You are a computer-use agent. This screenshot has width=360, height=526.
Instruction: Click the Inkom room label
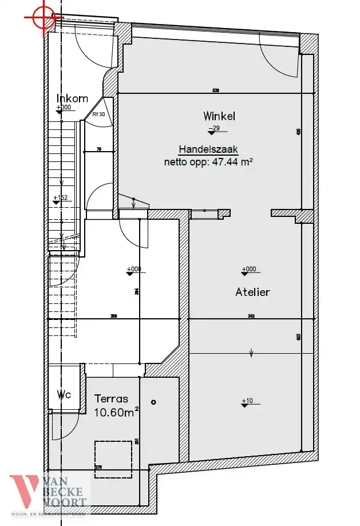tap(72, 98)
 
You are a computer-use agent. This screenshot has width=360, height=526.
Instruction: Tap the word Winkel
tap(219, 116)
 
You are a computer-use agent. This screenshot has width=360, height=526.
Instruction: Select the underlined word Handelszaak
tap(208, 149)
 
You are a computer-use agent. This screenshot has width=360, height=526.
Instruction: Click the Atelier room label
tap(252, 292)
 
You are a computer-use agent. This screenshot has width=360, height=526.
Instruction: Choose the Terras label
tap(111, 398)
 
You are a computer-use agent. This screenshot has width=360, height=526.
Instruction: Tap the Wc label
tap(63, 394)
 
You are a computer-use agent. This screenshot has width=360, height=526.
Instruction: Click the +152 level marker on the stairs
tap(60, 199)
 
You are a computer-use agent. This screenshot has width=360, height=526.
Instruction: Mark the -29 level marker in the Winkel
tap(214, 129)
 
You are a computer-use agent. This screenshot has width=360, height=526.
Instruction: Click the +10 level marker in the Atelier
tap(247, 401)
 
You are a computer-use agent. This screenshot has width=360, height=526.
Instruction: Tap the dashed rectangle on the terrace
tap(113, 459)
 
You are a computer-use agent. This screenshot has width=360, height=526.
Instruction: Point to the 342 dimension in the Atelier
tap(251, 316)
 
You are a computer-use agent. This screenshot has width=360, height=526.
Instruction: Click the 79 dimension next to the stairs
tap(98, 149)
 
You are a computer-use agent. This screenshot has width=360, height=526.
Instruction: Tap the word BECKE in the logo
tap(68, 492)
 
